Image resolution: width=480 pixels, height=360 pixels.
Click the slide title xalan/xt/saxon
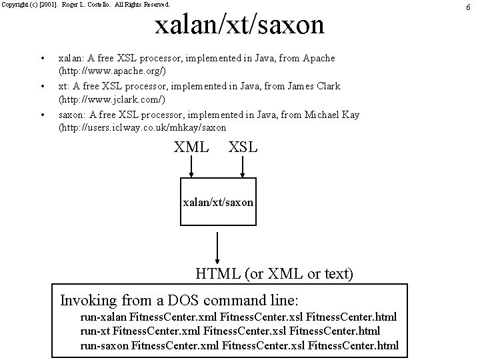click(239, 25)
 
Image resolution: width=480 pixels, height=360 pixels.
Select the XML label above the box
click(191, 147)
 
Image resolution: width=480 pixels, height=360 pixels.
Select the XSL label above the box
click(243, 147)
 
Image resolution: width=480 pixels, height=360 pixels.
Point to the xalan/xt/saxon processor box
click(218, 200)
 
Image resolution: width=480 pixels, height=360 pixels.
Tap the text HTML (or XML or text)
click(274, 273)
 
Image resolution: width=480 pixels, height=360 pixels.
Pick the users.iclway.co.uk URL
click(143, 127)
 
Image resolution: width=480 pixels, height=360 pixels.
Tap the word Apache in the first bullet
click(319, 58)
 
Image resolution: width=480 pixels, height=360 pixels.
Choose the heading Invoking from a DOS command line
click(179, 299)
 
